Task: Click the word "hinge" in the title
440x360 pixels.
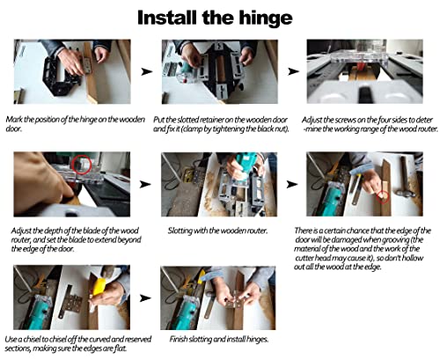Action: (266, 18)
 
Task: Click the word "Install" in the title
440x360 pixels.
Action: (167, 18)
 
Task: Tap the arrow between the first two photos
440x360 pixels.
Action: (146, 71)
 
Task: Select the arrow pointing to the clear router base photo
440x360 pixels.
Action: (293, 71)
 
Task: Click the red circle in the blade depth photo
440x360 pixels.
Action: (82, 165)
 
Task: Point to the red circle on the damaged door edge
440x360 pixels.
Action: (383, 197)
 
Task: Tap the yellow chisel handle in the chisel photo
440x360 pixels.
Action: (99, 286)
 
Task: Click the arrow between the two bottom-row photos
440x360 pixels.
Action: (145, 298)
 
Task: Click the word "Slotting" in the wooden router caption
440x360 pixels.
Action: (180, 231)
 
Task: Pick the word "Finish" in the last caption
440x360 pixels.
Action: (179, 339)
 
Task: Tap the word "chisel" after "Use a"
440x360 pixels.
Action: (32, 340)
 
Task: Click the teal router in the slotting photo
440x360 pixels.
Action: (246, 165)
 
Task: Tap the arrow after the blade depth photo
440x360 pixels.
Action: (145, 184)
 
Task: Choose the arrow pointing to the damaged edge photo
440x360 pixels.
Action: (291, 184)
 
